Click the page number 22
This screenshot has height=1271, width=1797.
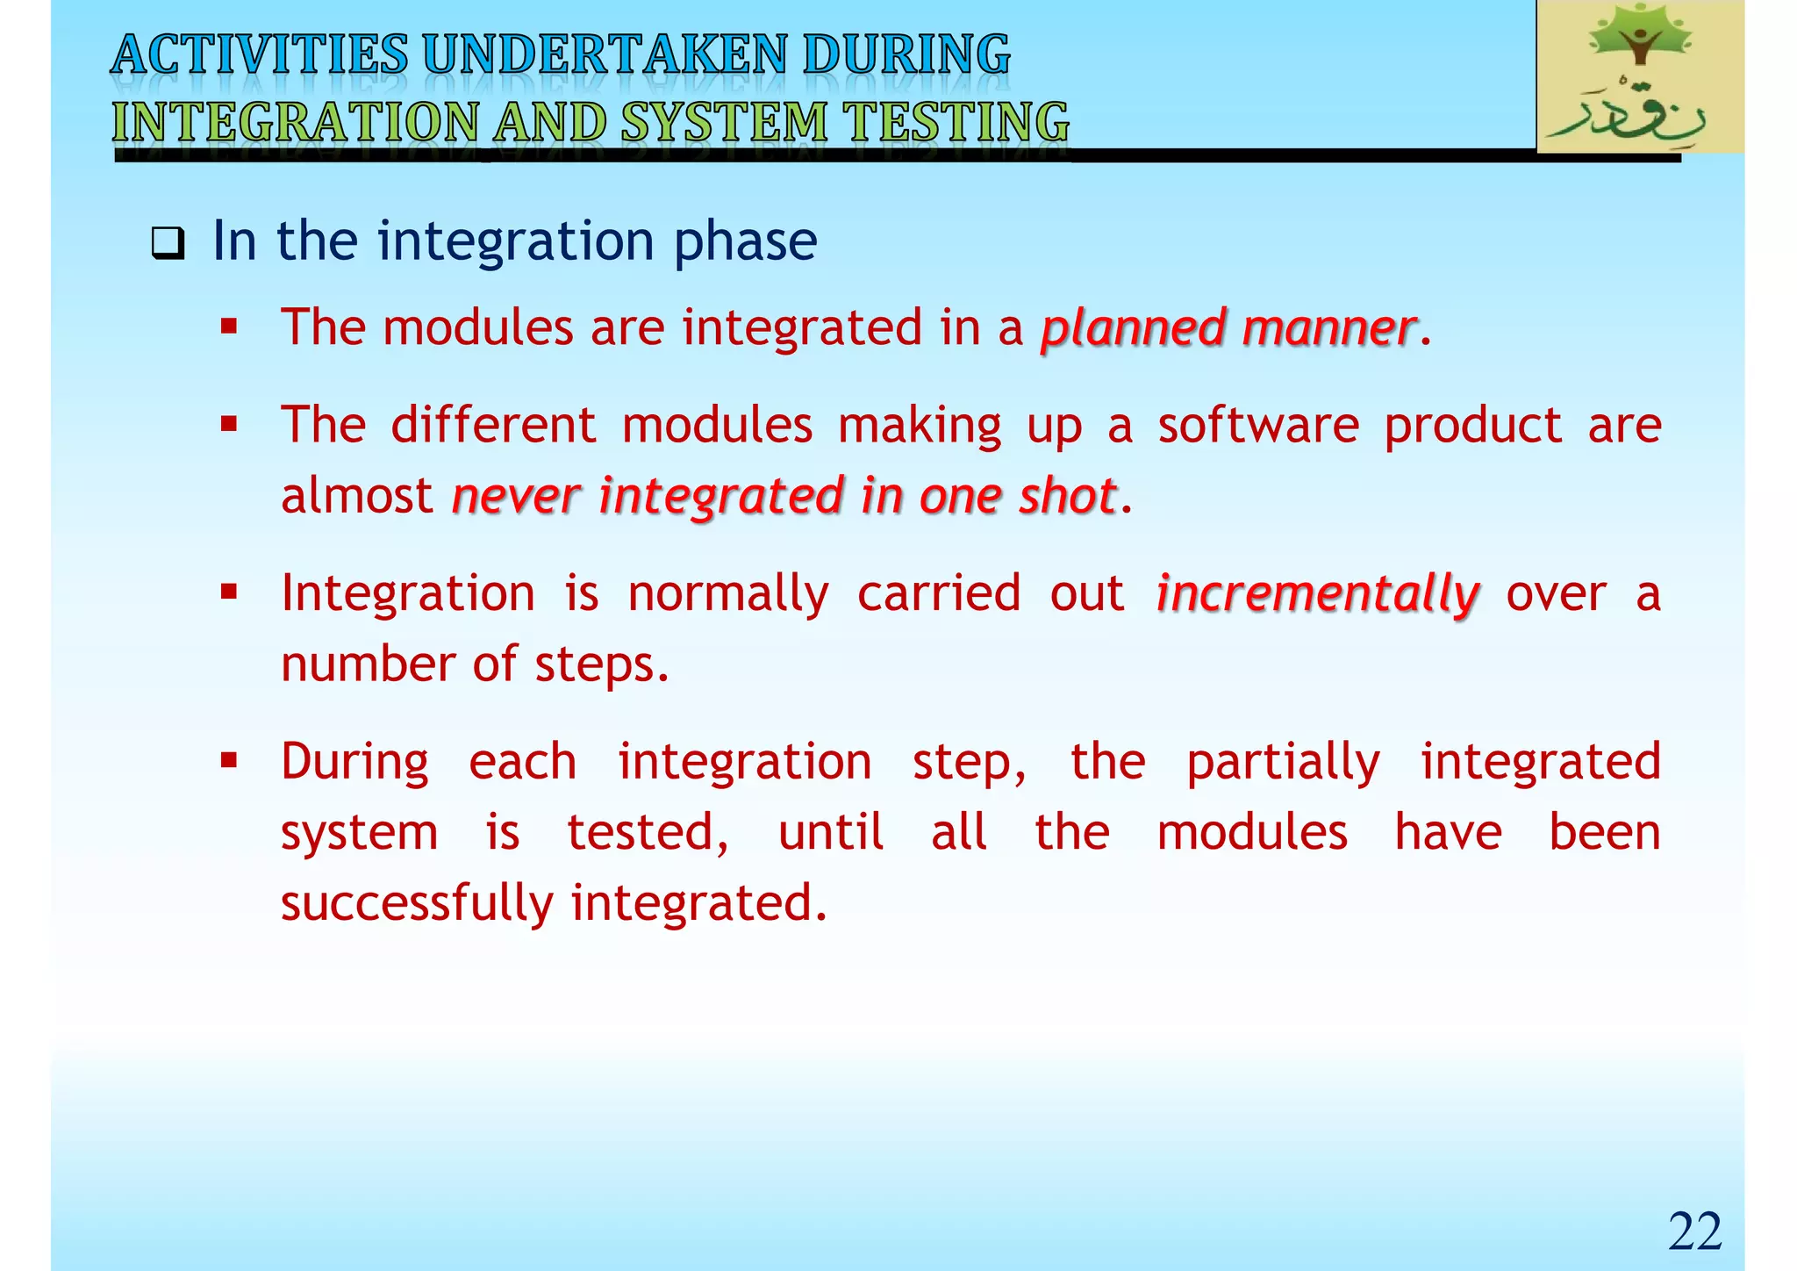coord(1694,1232)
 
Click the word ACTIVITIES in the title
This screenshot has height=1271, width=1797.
coord(260,54)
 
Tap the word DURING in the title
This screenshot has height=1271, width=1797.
coord(907,54)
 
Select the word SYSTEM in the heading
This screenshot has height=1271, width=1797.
coord(725,121)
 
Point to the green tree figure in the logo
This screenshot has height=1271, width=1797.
coord(1639,37)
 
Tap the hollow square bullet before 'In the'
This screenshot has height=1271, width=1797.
coord(167,243)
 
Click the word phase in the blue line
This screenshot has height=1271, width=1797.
coord(745,241)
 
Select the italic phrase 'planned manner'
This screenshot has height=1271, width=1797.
coord(1228,328)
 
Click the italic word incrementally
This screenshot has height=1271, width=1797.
coord(1318,594)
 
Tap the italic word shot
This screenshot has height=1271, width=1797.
coord(1067,496)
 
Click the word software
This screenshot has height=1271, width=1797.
coord(1257,426)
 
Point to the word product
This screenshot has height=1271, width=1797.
coord(1473,426)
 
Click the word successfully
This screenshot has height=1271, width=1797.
coord(417,904)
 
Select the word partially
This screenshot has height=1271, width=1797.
coord(1283,762)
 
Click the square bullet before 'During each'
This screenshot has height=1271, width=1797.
coord(229,759)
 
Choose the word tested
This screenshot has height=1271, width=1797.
coord(647,833)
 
